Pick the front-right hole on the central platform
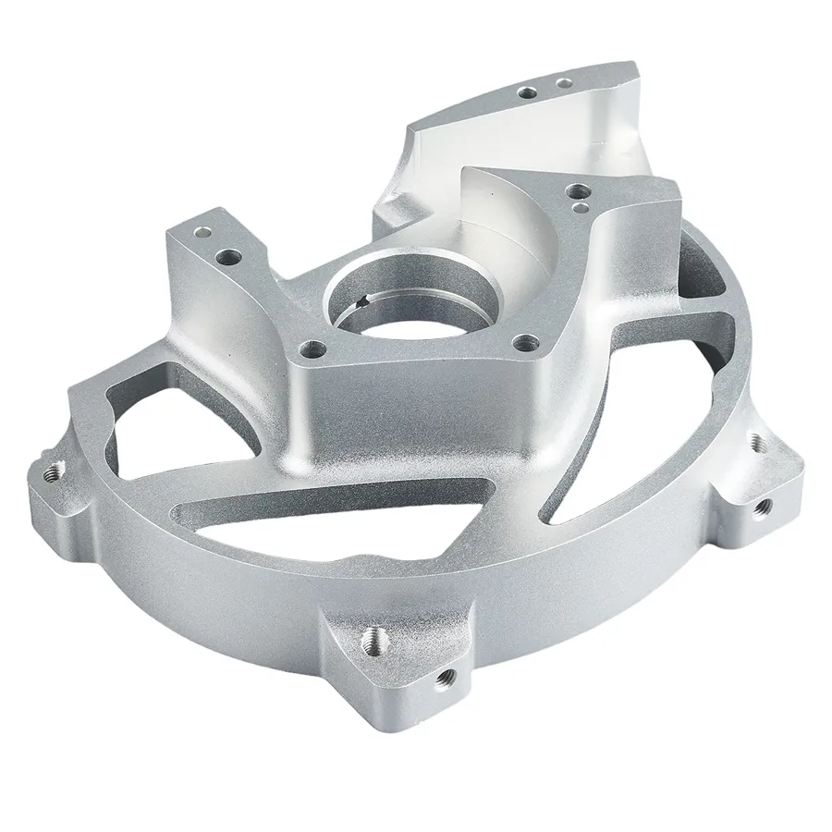[x=529, y=344]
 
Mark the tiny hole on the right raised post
[x=579, y=209]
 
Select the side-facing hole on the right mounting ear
[x=764, y=505]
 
